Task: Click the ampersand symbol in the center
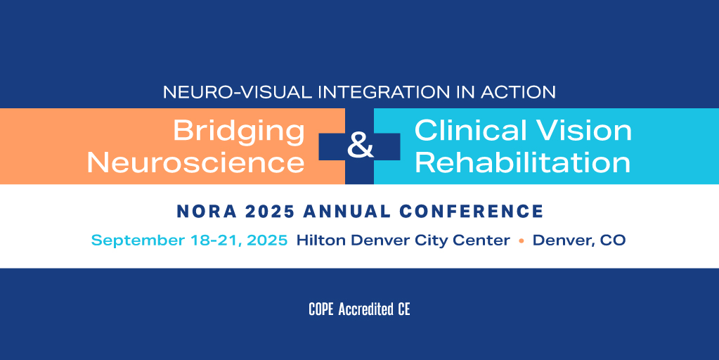(360, 147)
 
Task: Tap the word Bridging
(239, 131)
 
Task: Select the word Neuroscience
(195, 162)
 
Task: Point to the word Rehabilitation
(522, 162)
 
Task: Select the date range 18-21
(206, 240)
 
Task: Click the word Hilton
(320, 240)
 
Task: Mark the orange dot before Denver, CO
(522, 240)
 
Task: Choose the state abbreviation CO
(612, 240)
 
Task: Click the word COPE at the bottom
(321, 309)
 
